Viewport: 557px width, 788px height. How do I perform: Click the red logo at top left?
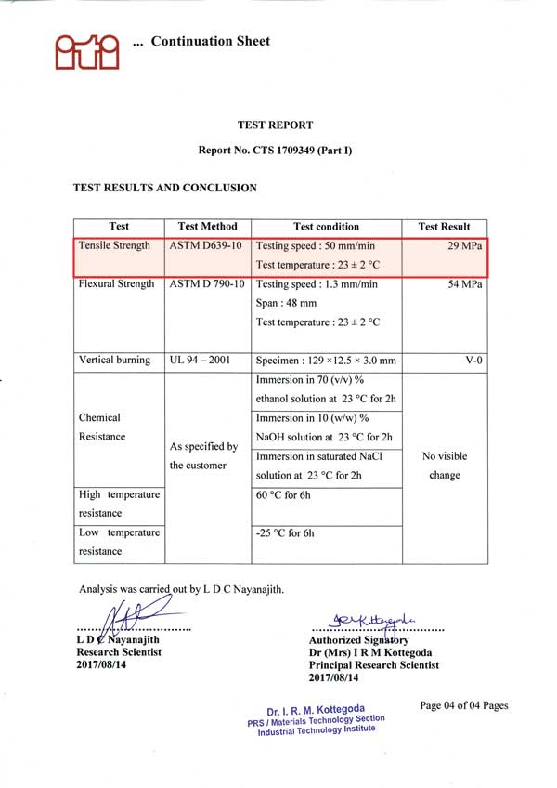click(86, 48)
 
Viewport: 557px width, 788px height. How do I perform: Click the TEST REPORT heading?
click(275, 125)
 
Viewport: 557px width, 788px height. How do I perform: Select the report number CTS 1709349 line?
click(275, 150)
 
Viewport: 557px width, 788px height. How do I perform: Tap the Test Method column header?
click(208, 226)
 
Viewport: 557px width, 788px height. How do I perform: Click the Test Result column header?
click(444, 226)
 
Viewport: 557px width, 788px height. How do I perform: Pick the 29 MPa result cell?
click(464, 246)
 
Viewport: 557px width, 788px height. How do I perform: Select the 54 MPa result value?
click(464, 284)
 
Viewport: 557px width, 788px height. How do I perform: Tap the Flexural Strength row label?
click(118, 284)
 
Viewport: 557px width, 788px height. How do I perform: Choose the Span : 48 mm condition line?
click(286, 303)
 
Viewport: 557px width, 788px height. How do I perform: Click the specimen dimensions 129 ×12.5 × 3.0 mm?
click(325, 361)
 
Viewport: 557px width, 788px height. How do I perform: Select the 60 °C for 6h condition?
click(285, 495)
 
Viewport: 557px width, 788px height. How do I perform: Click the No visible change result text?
click(444, 466)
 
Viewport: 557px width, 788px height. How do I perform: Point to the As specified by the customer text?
click(204, 455)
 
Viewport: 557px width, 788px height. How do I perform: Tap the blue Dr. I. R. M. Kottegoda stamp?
click(316, 718)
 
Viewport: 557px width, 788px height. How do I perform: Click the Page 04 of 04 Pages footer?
click(463, 705)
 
